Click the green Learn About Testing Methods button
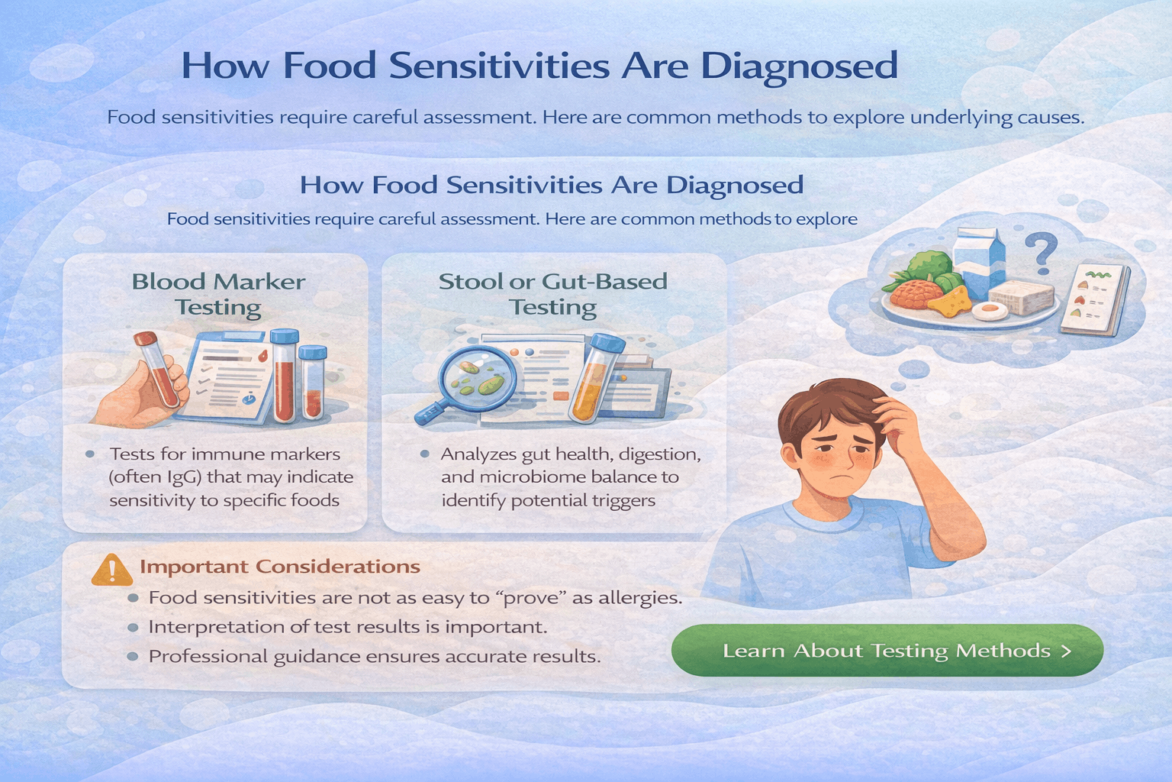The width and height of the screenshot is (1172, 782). point(887,651)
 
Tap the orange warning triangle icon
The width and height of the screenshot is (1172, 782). point(111,570)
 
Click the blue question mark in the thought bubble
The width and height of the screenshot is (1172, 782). point(1041,253)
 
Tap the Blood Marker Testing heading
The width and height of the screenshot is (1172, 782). point(218,294)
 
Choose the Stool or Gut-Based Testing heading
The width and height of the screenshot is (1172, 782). point(552,294)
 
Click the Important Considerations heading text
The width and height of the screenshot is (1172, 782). point(280,567)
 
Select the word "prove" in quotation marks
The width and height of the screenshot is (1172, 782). point(531,597)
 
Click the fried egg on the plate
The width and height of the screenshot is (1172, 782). point(990,310)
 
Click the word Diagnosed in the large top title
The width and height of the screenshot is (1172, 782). point(799,66)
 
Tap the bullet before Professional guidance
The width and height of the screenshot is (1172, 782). point(133,656)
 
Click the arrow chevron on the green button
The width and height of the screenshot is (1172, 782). point(1066,651)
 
